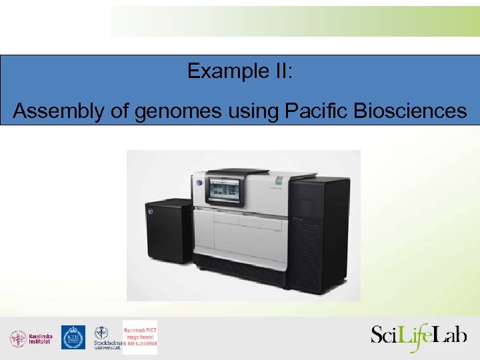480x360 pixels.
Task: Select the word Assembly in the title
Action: click(x=54, y=111)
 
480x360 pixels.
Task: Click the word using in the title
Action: click(x=247, y=111)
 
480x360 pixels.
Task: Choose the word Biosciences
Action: click(x=410, y=111)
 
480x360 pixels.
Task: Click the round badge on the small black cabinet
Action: click(x=151, y=211)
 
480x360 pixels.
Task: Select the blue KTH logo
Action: click(x=73, y=337)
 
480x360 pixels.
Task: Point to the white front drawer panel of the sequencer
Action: click(x=240, y=233)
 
